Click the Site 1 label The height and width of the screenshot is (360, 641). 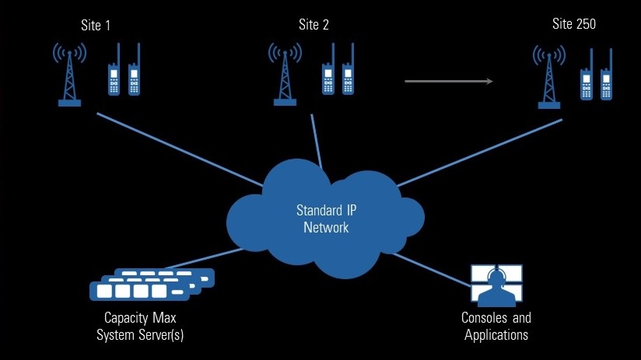(x=96, y=25)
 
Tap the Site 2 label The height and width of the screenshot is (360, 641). (x=313, y=25)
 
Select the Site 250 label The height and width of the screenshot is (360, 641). (x=574, y=24)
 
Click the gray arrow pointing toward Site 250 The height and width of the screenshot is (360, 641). (x=449, y=81)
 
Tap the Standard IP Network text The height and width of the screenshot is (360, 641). (x=322, y=218)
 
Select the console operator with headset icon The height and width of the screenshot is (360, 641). (x=496, y=286)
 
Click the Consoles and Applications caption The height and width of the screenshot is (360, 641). (x=496, y=326)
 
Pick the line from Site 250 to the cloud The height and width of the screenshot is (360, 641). (x=467, y=155)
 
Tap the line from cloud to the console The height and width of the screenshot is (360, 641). (x=432, y=268)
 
